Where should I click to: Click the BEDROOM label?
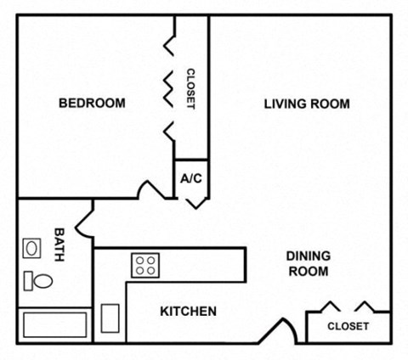pos(92,104)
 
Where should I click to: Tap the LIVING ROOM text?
pos(307,104)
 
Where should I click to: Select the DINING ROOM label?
pos(307,263)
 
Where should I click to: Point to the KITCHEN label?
pos(188,312)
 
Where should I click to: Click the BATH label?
pos(59,244)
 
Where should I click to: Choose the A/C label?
pos(190,180)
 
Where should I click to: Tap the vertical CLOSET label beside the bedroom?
pos(190,89)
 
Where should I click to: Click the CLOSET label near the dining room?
pos(348,326)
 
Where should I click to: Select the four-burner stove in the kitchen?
pos(144,265)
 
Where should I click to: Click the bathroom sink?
pos(32,249)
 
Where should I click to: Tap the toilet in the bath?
pos(37,279)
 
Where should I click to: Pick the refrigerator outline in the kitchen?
pos(110,318)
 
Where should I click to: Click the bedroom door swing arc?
pos(154,188)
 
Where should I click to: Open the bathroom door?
pos(84,222)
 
